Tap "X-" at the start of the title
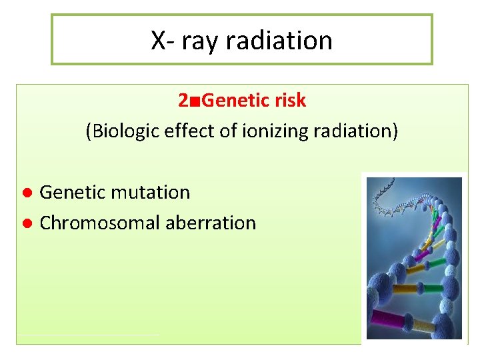(163, 41)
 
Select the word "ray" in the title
(201, 41)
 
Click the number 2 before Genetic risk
(183, 101)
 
